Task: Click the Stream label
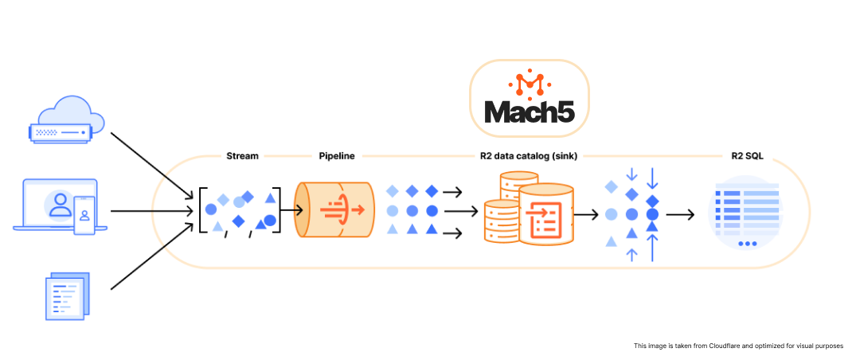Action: click(242, 156)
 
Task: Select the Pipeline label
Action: click(336, 156)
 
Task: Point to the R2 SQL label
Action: click(746, 156)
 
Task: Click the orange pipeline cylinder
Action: click(334, 210)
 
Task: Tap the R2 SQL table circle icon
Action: click(745, 213)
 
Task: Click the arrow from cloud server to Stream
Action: click(151, 164)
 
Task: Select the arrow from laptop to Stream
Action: click(151, 211)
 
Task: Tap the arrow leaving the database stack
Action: click(588, 213)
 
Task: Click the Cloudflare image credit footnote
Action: click(738, 346)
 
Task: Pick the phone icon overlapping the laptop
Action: click(84, 215)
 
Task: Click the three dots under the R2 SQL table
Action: click(747, 244)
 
